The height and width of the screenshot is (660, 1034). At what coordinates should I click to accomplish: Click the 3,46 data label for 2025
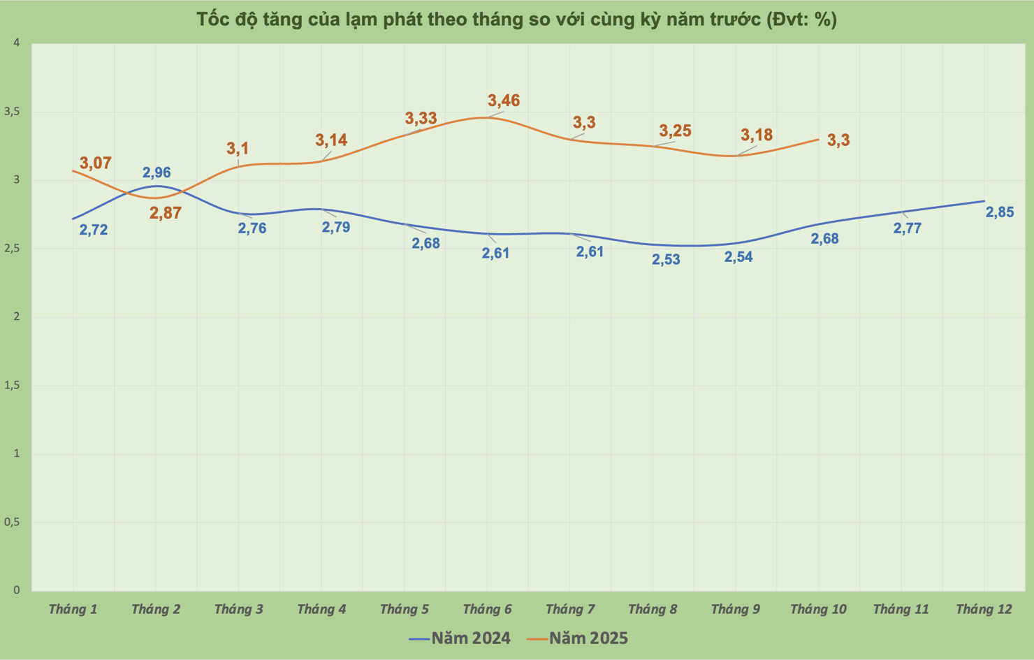pos(504,101)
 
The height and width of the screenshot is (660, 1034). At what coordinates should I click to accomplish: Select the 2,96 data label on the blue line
pos(156,173)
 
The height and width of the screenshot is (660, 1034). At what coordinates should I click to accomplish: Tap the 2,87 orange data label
pos(166,213)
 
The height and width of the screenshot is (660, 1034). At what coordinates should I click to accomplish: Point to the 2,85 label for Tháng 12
pos(999,212)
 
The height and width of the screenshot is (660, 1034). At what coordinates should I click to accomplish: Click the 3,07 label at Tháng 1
pos(95,163)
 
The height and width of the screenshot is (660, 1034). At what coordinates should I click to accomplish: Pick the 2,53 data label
pos(666,260)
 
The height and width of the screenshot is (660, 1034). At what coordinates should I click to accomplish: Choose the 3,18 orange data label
pos(757,135)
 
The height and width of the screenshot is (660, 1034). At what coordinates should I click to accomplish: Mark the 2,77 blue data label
pos(908,228)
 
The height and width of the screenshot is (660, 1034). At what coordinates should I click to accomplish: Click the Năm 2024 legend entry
pos(460,638)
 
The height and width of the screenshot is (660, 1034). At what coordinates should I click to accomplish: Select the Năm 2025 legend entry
pos(578,638)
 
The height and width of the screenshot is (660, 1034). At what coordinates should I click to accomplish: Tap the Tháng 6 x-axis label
pos(487,609)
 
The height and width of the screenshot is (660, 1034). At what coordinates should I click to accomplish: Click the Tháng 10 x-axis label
pos(818,609)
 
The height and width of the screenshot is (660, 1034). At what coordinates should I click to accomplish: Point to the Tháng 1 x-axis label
pos(73,609)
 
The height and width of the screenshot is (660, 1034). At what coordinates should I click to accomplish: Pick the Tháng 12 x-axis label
pos(984,609)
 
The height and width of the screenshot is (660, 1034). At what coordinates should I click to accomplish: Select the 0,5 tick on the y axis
pos(12,522)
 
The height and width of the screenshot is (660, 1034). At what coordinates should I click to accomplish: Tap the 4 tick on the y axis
pos(17,43)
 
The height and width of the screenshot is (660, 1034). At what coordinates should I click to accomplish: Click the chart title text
pos(516,19)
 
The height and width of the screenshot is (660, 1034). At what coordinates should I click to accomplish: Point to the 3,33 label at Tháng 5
pos(421,118)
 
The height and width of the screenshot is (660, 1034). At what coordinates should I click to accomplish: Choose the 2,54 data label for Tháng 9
pos(738,257)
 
